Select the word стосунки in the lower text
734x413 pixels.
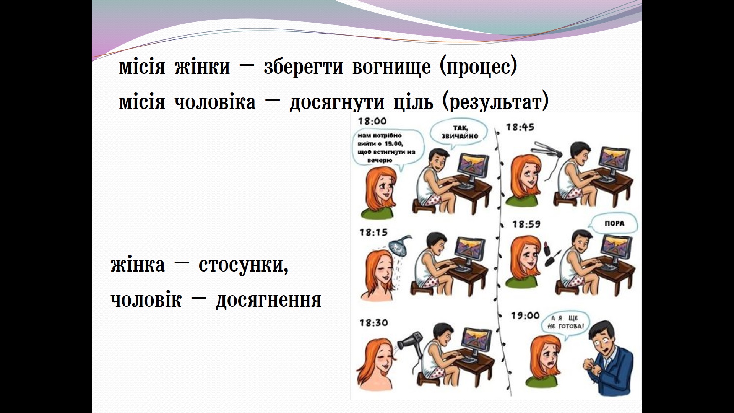click(x=244, y=265)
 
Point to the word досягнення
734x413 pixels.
click(x=268, y=300)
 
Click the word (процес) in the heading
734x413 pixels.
click(x=478, y=67)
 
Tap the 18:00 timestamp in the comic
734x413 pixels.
click(x=372, y=121)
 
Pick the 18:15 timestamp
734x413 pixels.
click(x=373, y=232)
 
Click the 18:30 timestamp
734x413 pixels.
click(x=373, y=322)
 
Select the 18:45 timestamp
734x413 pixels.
click(x=520, y=127)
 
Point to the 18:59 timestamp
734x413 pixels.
click(x=526, y=224)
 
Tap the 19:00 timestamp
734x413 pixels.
click(x=525, y=315)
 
